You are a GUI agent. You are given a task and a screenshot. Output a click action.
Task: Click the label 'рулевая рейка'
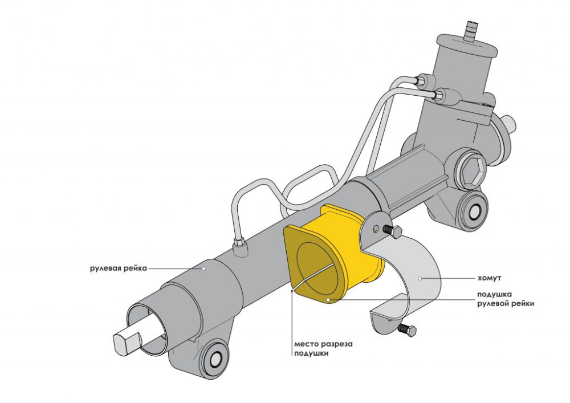pos(119,268)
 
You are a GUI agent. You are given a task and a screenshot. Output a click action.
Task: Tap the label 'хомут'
pos(489,279)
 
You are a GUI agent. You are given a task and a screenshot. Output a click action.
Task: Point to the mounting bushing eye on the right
pos(474,210)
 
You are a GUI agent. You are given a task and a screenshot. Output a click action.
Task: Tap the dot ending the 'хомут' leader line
pos(420,279)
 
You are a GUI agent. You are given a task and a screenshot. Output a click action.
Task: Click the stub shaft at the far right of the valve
pos(509,123)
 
